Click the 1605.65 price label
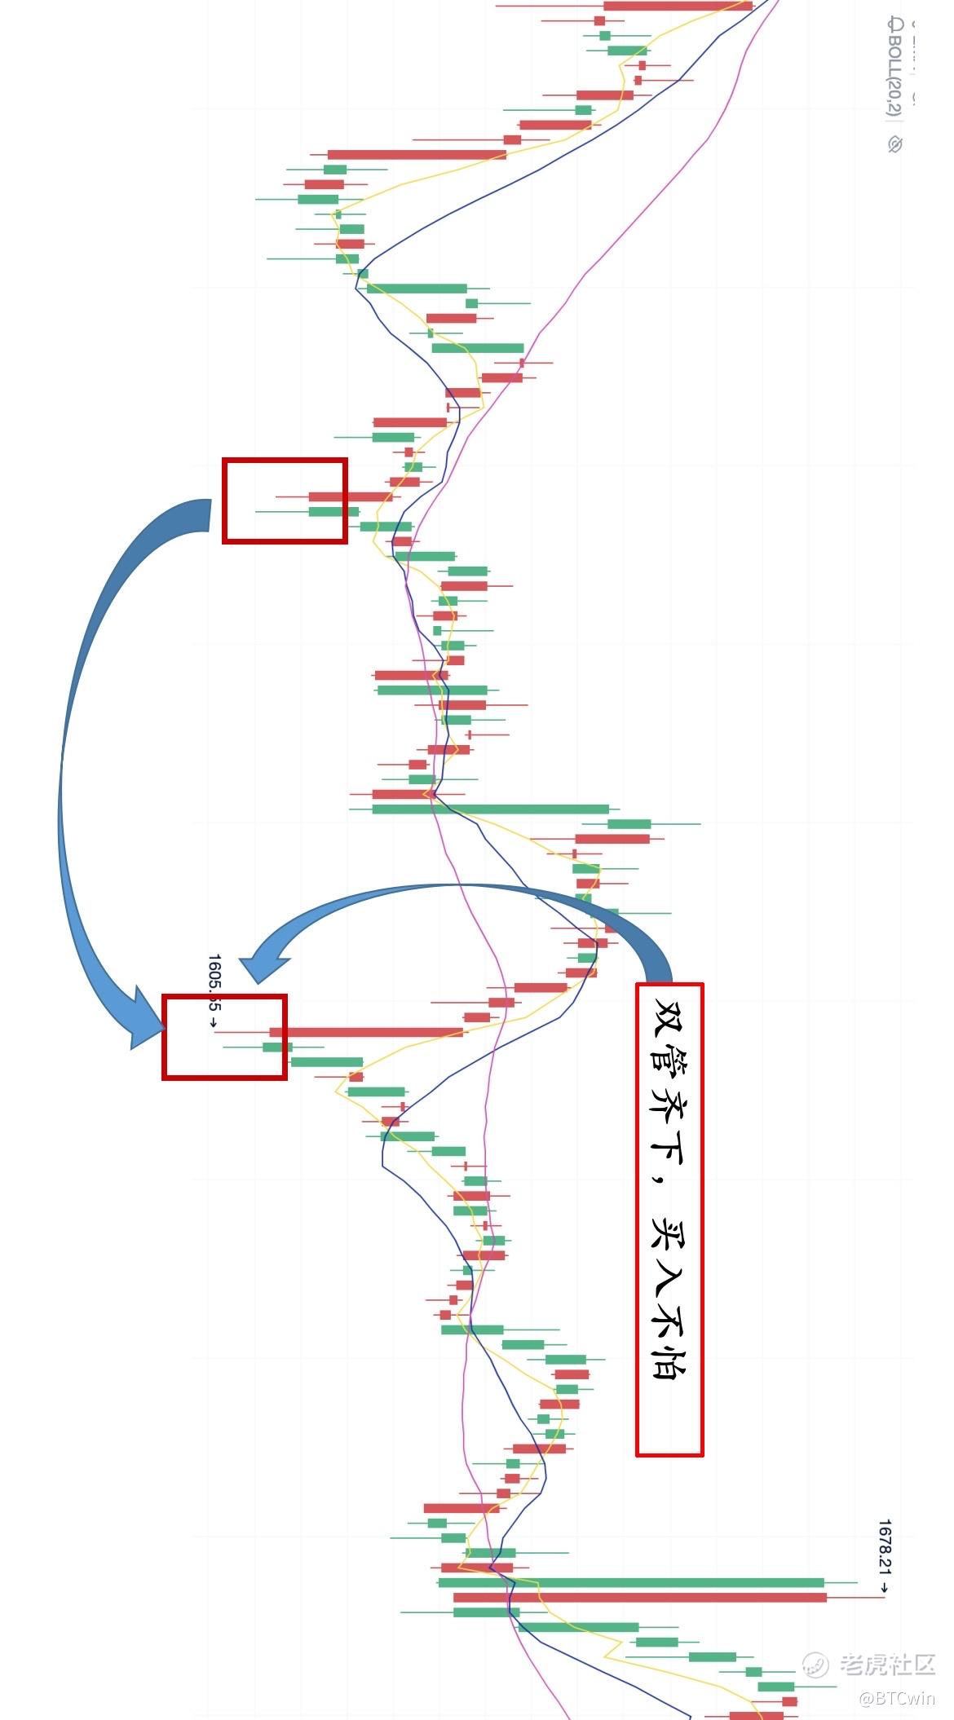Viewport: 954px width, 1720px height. point(214,982)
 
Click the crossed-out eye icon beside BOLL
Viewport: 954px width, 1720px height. point(895,144)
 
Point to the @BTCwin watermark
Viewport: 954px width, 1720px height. point(897,1698)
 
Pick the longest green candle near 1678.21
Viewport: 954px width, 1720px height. point(632,1582)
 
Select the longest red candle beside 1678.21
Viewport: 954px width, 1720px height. point(640,1597)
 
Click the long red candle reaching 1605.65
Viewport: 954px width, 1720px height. point(367,1032)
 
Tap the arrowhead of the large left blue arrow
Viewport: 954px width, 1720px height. point(147,1023)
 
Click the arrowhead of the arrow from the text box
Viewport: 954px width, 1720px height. point(265,966)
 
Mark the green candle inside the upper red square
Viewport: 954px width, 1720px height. point(333,512)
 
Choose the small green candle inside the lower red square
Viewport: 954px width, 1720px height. point(276,1047)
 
